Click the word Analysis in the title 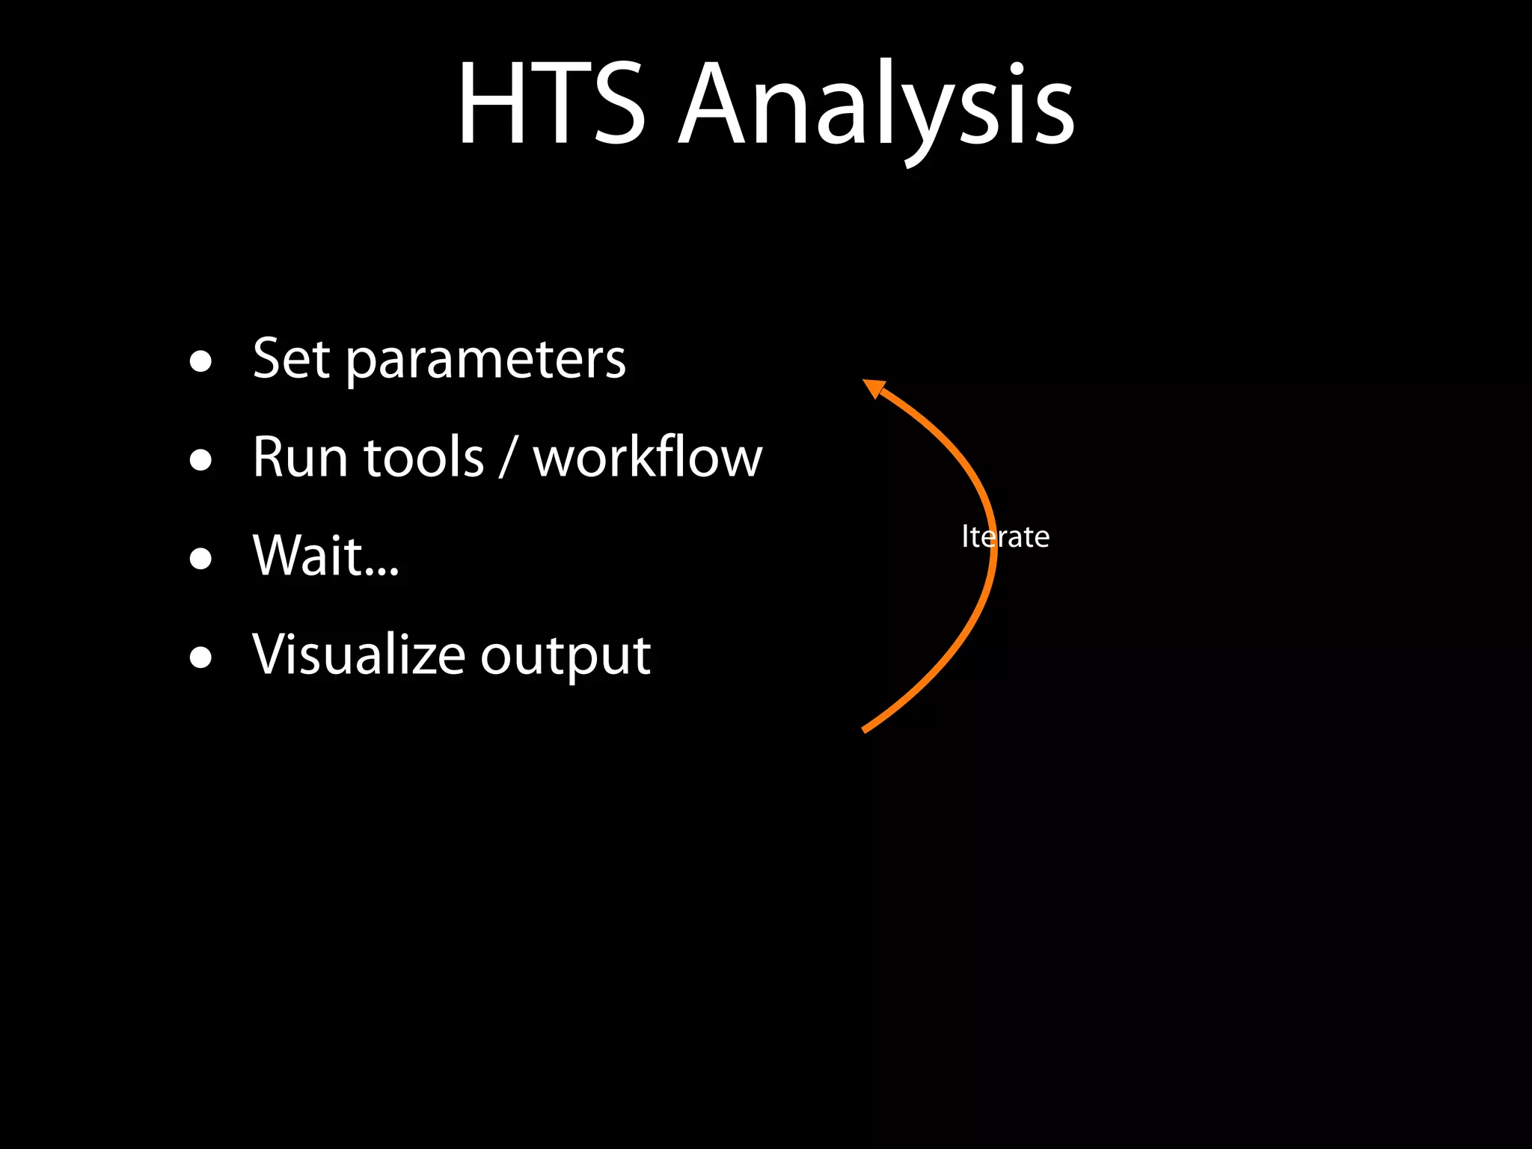[x=876, y=105]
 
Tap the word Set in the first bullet [x=291, y=359]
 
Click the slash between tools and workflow [x=508, y=457]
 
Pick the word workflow [x=647, y=457]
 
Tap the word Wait [x=307, y=556]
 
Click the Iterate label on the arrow [x=1005, y=537]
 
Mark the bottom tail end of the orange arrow [x=865, y=729]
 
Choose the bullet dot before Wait [x=200, y=559]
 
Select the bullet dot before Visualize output [x=200, y=658]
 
